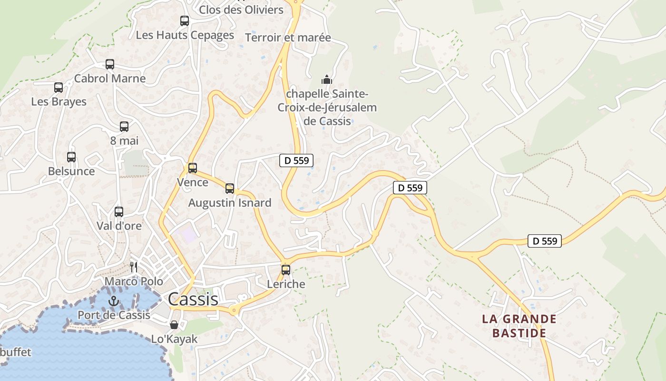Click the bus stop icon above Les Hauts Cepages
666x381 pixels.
[x=185, y=21]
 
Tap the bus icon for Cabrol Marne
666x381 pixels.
[x=110, y=64]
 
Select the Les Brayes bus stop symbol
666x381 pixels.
[x=59, y=88]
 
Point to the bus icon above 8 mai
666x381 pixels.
[x=124, y=127]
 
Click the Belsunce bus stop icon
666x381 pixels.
[x=71, y=157]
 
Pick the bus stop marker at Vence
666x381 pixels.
[x=193, y=168]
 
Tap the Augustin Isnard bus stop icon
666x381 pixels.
[x=230, y=189]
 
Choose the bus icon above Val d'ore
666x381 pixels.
[x=119, y=212]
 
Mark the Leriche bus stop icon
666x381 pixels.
[x=286, y=270]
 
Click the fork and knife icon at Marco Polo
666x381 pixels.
[x=134, y=267]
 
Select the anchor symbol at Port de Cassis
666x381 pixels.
[x=113, y=301]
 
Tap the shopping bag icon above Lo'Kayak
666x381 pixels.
[x=174, y=325]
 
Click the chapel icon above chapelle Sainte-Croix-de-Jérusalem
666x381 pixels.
[x=327, y=79]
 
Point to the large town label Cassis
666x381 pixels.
[x=193, y=299]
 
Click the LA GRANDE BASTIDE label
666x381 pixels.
[x=519, y=326]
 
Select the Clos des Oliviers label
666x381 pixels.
[x=241, y=10]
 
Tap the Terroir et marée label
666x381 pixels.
[x=288, y=38]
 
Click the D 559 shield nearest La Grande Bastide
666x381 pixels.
[x=545, y=241]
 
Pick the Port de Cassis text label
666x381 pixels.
[x=114, y=315]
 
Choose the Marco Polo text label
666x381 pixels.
[x=134, y=281]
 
